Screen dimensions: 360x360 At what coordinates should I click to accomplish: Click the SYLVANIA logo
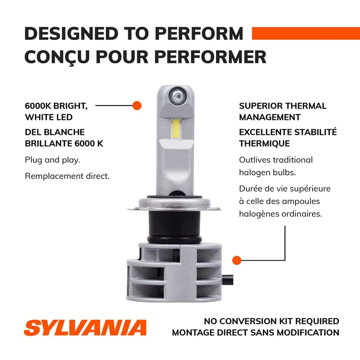point(85,328)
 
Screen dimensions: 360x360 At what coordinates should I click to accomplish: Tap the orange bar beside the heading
point(306,33)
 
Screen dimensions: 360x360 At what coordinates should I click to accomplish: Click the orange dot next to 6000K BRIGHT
point(137,105)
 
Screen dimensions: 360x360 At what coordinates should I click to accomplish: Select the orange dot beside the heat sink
point(237,260)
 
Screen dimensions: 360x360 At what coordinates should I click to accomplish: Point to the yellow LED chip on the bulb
point(176,129)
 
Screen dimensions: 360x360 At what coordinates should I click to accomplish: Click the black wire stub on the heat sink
point(228,280)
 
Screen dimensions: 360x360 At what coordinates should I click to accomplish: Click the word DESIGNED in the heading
point(71,34)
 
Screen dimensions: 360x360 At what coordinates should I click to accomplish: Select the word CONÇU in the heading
point(57,57)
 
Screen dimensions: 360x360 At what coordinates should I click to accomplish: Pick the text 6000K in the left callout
point(38,106)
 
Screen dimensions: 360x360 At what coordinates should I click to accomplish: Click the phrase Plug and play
point(53,160)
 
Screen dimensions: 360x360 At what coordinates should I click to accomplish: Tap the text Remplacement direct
point(67,176)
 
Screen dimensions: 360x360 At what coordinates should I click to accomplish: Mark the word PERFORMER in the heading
point(210,57)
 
